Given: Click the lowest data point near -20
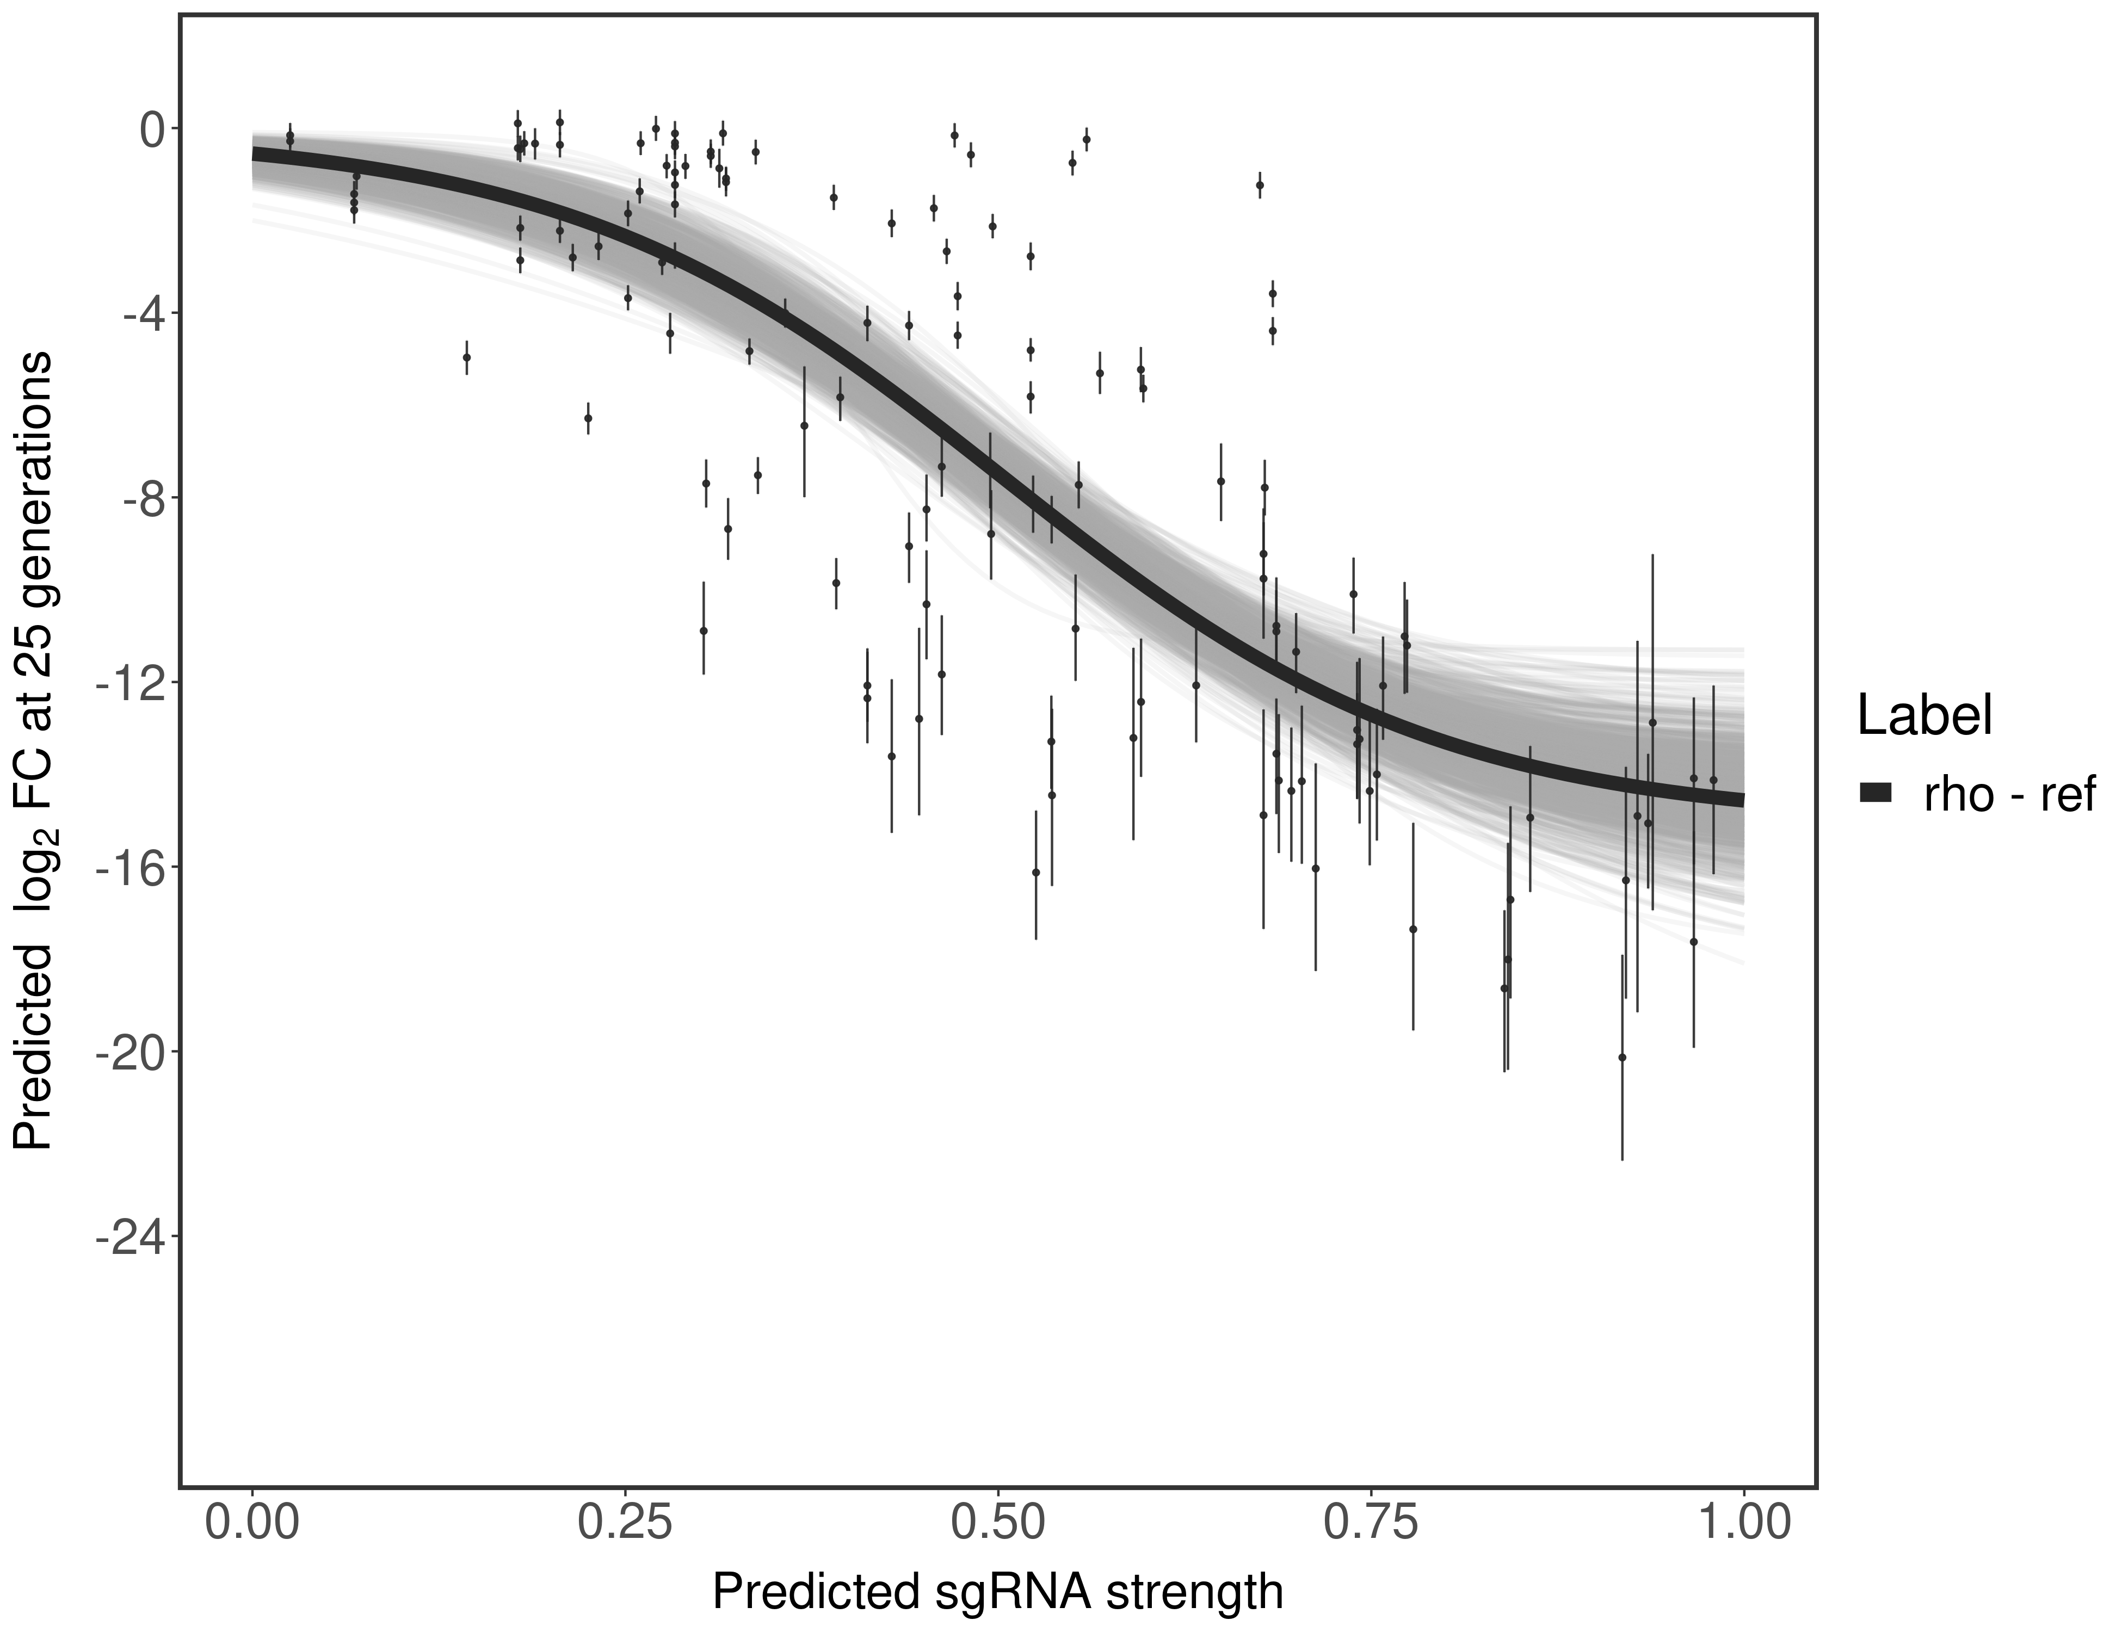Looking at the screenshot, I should point(1621,1057).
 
